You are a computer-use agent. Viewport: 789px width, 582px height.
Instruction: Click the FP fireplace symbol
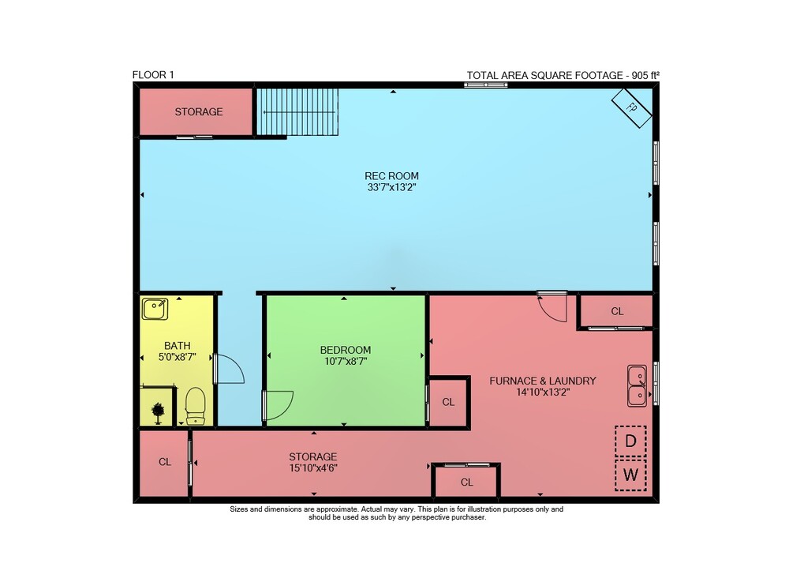pos(631,107)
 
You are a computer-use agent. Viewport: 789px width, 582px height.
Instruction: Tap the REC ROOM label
pos(391,176)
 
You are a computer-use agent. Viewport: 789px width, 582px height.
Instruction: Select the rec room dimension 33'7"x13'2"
pos(391,188)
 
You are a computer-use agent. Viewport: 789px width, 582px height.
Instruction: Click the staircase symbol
pos(297,112)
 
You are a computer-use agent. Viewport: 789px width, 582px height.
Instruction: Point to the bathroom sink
pos(155,309)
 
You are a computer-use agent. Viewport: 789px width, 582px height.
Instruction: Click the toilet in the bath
pos(195,406)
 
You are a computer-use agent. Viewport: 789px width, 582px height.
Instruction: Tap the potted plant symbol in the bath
pos(158,413)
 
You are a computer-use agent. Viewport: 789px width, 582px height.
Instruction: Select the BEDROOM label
pos(346,350)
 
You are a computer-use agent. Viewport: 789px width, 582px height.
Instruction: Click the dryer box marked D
pos(630,441)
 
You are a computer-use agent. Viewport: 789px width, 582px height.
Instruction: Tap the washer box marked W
pos(630,475)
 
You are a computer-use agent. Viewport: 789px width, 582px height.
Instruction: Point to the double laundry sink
pos(637,385)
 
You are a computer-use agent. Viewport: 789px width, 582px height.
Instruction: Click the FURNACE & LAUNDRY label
pos(543,381)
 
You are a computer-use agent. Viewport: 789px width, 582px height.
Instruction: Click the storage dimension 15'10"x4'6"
pos(313,468)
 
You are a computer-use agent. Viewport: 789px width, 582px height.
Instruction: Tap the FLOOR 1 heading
pos(153,75)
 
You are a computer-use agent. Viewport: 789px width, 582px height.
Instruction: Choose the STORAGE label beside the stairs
pos(199,112)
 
